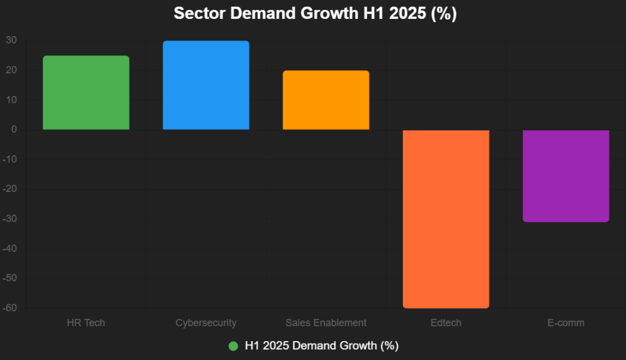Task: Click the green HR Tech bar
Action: pyautogui.click(x=86, y=93)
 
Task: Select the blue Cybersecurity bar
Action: pyautogui.click(x=205, y=86)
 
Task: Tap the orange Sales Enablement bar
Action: pyautogui.click(x=326, y=100)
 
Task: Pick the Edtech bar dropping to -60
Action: pyautogui.click(x=446, y=219)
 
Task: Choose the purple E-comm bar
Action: pyautogui.click(x=565, y=176)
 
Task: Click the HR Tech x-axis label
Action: pyautogui.click(x=86, y=323)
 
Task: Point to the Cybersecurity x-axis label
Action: pyautogui.click(x=205, y=323)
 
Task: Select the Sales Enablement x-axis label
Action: pyautogui.click(x=326, y=323)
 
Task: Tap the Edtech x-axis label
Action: pyautogui.click(x=446, y=323)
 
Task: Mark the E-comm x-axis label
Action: pyautogui.click(x=565, y=323)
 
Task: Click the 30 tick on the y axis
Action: pyautogui.click(x=12, y=40)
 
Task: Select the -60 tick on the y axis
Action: pyautogui.click(x=10, y=308)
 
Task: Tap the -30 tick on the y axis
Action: pyautogui.click(x=10, y=219)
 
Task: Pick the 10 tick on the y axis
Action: pyautogui.click(x=12, y=100)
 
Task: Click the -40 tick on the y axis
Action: pyautogui.click(x=10, y=249)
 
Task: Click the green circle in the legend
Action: pyautogui.click(x=233, y=346)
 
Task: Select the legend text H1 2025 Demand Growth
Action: pyautogui.click(x=322, y=346)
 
